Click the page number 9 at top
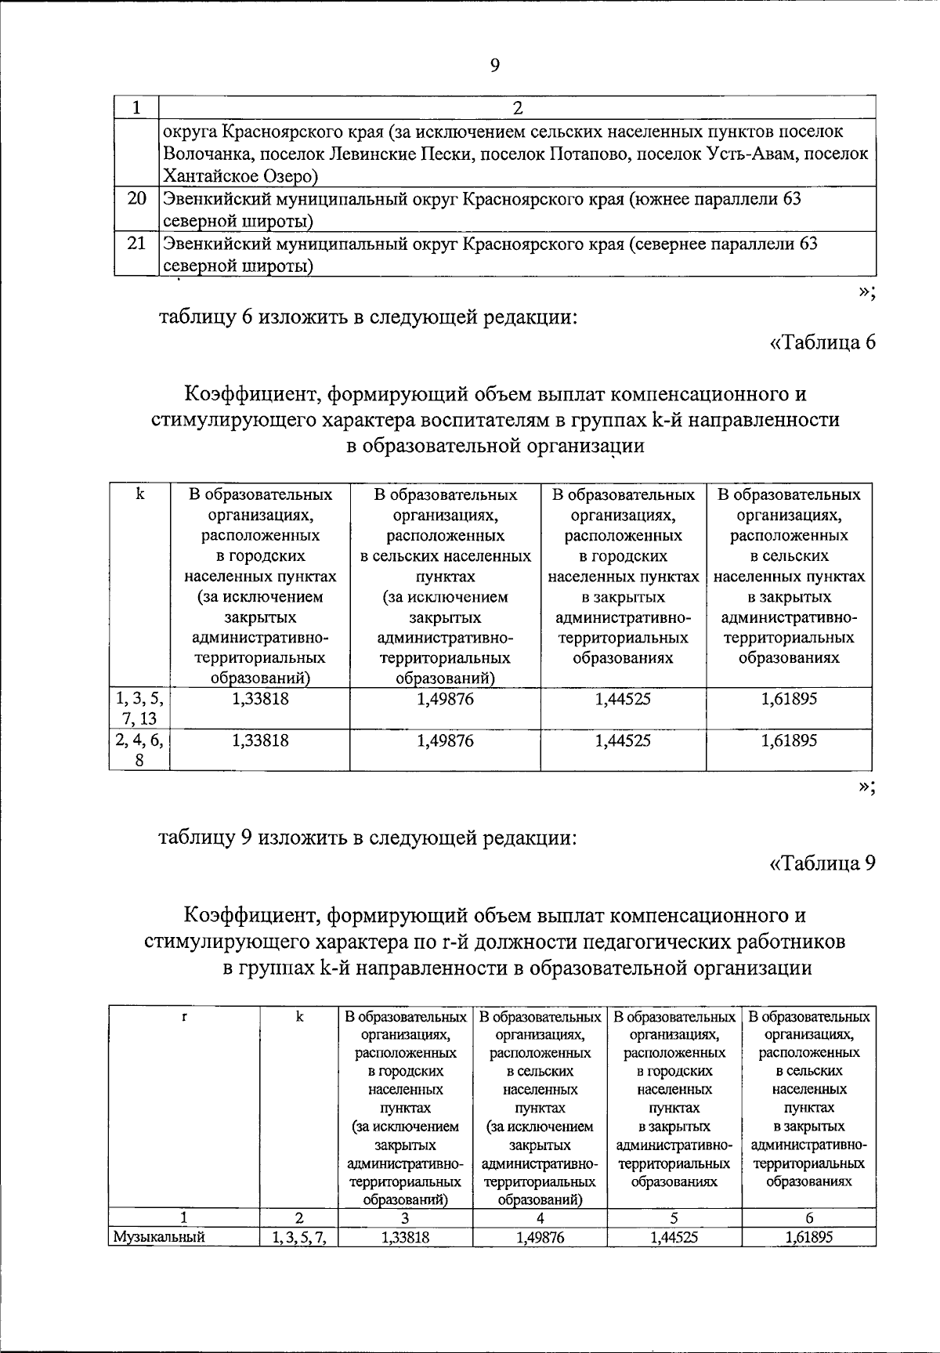[x=494, y=66]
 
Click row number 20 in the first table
[x=137, y=199]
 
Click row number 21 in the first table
[x=137, y=244]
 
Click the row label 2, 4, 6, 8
[x=139, y=750]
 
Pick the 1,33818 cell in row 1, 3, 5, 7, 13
[x=260, y=699]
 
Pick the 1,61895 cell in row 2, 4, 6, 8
[x=789, y=740]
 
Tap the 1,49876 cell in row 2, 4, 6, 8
[x=445, y=740]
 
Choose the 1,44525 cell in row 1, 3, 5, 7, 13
[x=623, y=699]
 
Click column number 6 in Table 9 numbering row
[x=809, y=1217]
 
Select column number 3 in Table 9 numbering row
[x=405, y=1217]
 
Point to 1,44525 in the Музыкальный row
[x=674, y=1237]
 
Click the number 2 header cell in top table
[x=517, y=107]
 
